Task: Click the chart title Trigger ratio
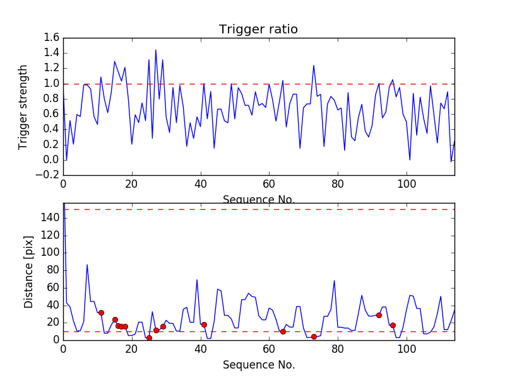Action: [258, 30]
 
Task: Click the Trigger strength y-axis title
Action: [23, 106]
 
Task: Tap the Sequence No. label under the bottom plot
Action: [258, 365]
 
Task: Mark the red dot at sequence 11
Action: [101, 312]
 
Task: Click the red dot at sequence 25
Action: [149, 338]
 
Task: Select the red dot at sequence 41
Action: [204, 324]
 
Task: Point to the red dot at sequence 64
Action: [283, 331]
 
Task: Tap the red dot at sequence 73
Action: [314, 336]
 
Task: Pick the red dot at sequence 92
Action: [379, 315]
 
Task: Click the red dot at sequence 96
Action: [393, 325]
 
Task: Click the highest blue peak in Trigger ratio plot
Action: [156, 50]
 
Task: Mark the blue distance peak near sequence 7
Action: [87, 265]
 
